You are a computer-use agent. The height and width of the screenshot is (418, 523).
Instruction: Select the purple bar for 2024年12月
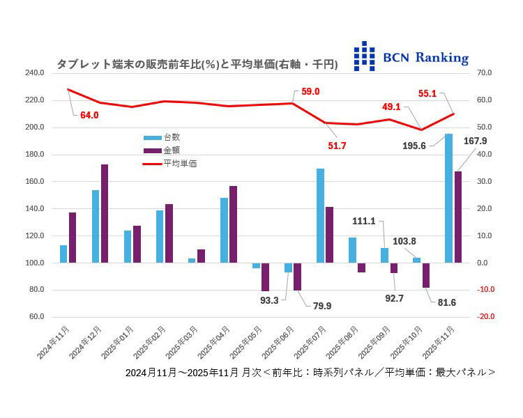click(x=105, y=213)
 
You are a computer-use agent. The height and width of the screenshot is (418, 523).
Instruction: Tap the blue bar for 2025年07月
click(x=320, y=215)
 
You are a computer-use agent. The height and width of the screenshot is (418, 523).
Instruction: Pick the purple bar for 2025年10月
click(x=425, y=275)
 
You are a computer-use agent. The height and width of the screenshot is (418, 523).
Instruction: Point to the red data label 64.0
click(x=90, y=115)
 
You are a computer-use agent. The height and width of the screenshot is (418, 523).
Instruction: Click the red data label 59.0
click(x=310, y=91)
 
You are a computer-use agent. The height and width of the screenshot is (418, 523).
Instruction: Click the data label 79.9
click(x=321, y=304)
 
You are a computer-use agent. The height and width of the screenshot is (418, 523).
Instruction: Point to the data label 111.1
click(x=364, y=221)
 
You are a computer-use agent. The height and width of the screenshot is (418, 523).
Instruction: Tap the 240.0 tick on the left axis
click(x=34, y=73)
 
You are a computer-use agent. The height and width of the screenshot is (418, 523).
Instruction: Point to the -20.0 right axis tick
click(x=485, y=317)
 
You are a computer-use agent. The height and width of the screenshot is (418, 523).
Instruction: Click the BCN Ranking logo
click(x=411, y=56)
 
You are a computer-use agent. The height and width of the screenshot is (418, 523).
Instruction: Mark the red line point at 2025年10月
click(x=420, y=130)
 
